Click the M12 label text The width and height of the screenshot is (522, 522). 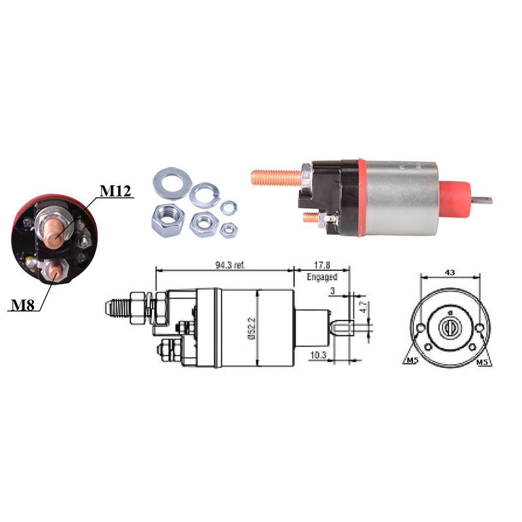pos(115,191)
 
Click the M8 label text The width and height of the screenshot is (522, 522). pos(23,305)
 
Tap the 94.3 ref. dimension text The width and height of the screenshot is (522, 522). pos(230,266)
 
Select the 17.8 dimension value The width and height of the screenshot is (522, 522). pos(322,266)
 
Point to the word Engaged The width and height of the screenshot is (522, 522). pos(322,277)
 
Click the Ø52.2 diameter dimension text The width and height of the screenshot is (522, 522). pos(251,328)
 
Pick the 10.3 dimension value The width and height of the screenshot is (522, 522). pos(318,355)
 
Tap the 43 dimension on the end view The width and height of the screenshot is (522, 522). pos(450,272)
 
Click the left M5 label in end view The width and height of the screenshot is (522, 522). pos(412,361)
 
